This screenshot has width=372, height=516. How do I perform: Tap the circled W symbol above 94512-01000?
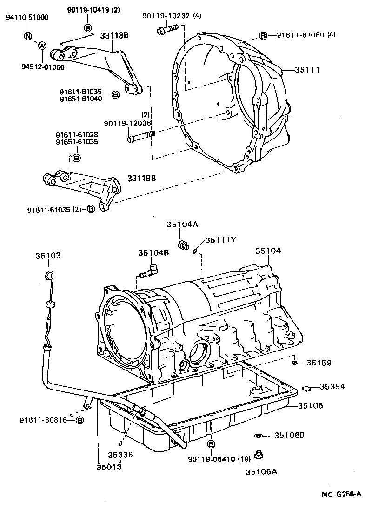coord(41,46)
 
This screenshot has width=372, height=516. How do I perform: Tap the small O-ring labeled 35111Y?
coord(195,251)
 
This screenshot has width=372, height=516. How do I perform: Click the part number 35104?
coord(268,251)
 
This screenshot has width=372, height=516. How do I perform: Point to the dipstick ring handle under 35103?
coord(50,277)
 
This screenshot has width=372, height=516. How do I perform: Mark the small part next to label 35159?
coord(295,363)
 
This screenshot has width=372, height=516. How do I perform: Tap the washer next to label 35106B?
coord(258,436)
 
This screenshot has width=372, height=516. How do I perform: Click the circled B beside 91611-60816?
coord(80,420)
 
